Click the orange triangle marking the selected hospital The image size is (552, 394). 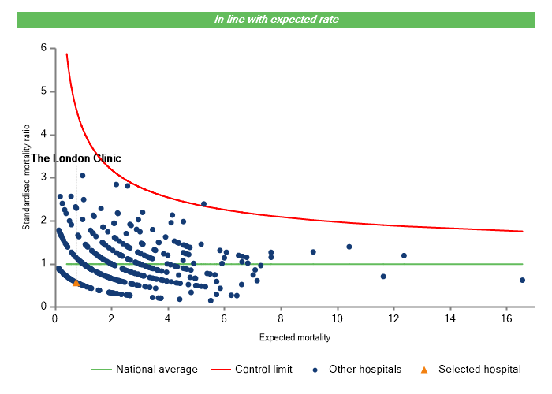point(76,282)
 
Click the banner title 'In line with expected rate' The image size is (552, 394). point(276,20)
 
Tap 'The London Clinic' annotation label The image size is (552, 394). point(76,158)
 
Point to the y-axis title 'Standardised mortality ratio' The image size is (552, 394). point(26,177)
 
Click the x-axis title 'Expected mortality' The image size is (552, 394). point(294,337)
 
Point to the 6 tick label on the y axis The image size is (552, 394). point(43,48)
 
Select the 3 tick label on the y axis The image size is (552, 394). point(43,177)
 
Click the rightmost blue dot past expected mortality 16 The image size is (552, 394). point(522,280)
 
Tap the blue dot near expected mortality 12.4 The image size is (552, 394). point(404,255)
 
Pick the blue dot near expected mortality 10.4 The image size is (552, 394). point(349,247)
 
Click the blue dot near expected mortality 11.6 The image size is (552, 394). point(383,277)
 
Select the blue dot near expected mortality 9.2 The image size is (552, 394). point(313,252)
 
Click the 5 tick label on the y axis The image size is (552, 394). point(43,91)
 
